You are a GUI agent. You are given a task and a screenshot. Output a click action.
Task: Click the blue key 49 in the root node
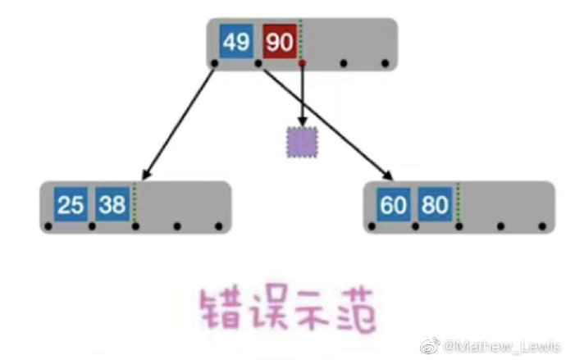pyautogui.click(x=236, y=42)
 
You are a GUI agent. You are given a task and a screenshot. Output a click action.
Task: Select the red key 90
pyautogui.click(x=280, y=42)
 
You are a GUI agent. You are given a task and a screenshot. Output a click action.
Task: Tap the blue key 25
pyautogui.click(x=71, y=203)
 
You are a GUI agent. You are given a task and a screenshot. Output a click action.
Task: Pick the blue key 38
pyautogui.click(x=112, y=203)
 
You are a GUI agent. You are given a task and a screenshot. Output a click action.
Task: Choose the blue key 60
pyautogui.click(x=394, y=203)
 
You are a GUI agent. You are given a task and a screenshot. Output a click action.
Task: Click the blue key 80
pyautogui.click(x=434, y=203)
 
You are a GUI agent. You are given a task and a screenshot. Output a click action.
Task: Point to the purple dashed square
pyautogui.click(x=302, y=143)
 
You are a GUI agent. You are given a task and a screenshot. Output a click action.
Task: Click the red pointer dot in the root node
pyautogui.click(x=302, y=62)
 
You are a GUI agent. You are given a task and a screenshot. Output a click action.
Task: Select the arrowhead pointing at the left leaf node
pyautogui.click(x=145, y=175)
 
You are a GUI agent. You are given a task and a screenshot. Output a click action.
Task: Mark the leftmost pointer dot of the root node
pyautogui.click(x=215, y=62)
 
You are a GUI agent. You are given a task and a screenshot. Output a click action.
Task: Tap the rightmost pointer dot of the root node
pyautogui.click(x=384, y=62)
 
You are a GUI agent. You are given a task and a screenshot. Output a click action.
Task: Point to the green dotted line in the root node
pyautogui.click(x=301, y=37)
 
